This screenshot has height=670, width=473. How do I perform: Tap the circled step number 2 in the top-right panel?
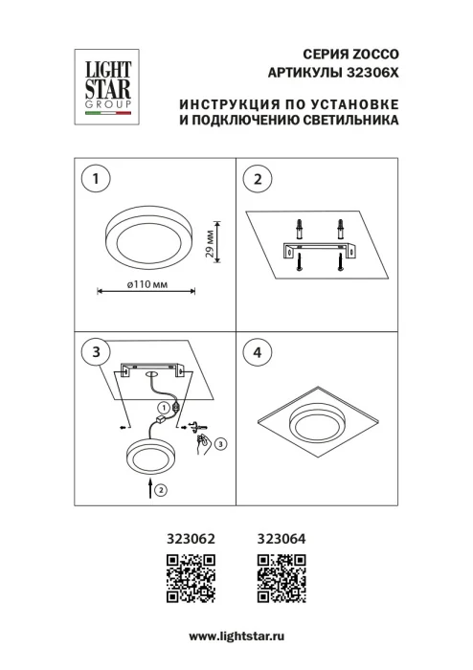pyautogui.click(x=257, y=178)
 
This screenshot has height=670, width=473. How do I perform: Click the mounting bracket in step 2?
pyautogui.click(x=319, y=251)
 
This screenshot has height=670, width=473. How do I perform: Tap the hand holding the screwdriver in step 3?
pyautogui.click(x=204, y=441)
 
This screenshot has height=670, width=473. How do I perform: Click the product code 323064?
pyautogui.click(x=282, y=540)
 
